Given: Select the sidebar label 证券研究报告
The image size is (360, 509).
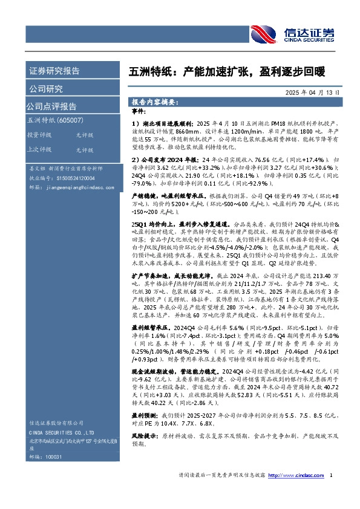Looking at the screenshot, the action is [x=54, y=71].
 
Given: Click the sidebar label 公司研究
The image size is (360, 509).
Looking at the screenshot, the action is [x=46, y=89].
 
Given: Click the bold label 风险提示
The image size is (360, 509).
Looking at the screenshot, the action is [x=144, y=434].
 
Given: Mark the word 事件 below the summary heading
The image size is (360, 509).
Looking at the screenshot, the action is [x=139, y=112].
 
